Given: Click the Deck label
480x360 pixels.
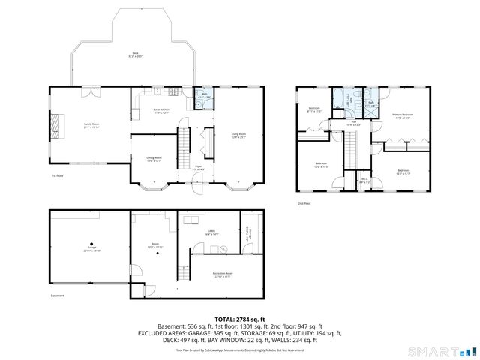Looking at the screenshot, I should click(135, 54).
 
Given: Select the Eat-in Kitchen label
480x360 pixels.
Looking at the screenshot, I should click(161, 111).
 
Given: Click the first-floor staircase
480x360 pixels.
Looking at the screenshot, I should click(182, 150).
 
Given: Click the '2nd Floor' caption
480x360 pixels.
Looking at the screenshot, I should click(304, 204).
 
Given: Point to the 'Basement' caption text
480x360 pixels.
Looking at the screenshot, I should click(58, 295).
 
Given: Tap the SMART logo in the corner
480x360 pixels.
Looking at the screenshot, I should click(439, 351).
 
